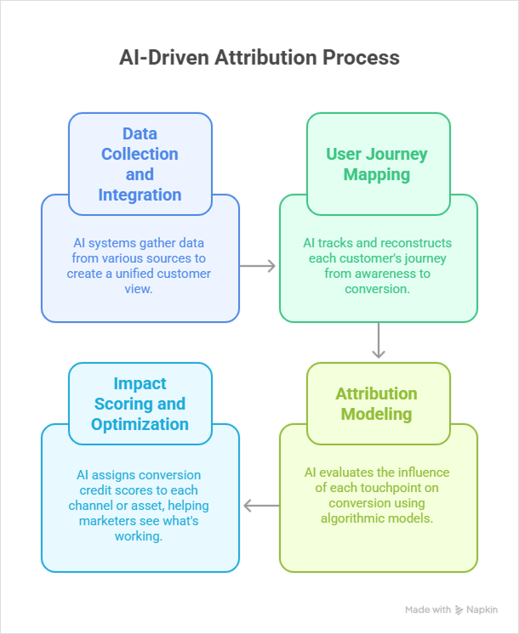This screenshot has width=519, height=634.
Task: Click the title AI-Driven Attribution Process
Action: point(259,59)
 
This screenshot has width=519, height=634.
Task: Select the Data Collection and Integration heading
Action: point(140,164)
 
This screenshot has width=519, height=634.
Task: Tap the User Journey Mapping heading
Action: point(377,164)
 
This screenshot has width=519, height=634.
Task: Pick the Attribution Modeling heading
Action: point(377,404)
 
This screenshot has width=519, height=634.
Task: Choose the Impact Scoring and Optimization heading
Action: point(140,404)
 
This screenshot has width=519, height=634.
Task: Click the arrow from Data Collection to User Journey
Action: point(259,266)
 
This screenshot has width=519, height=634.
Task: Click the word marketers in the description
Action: point(108,520)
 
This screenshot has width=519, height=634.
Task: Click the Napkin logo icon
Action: point(459,610)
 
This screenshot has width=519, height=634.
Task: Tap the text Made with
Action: point(428,610)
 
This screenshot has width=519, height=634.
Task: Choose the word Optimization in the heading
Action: point(140,424)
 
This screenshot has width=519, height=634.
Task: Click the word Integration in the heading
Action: point(140,195)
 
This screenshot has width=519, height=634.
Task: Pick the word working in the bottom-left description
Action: point(140,535)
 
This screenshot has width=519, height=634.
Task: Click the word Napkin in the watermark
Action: point(482,610)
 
